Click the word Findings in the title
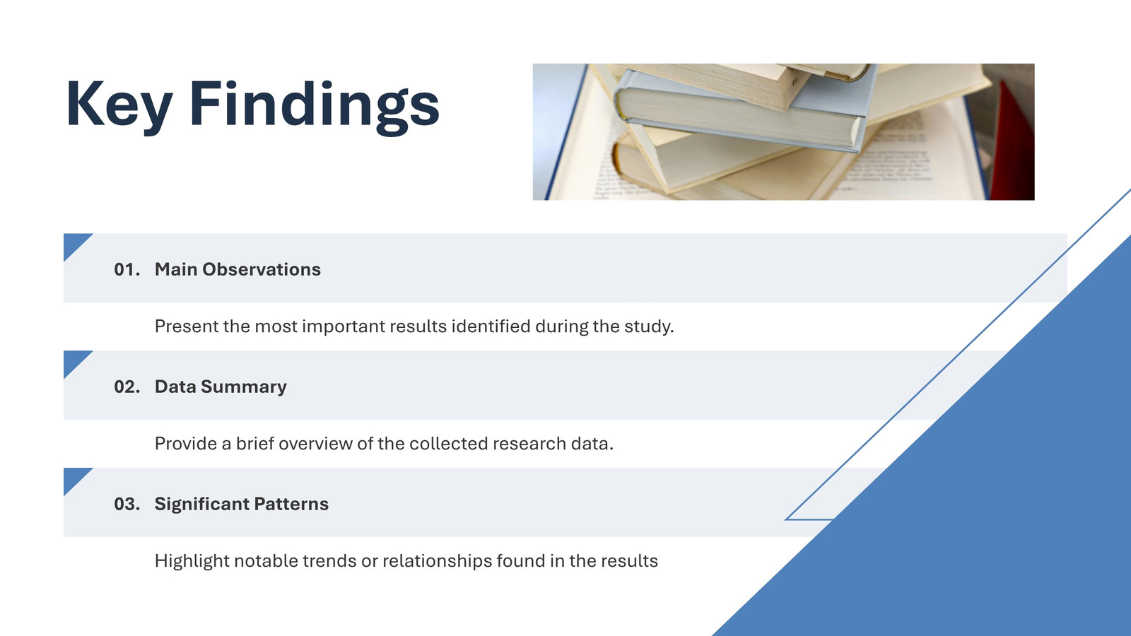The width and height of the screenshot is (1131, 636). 314,107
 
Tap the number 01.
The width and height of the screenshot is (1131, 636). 127,269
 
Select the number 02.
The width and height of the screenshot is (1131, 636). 127,387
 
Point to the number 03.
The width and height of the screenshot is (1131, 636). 127,504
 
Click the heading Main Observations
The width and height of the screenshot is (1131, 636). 238,269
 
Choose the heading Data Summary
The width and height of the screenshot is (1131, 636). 221,387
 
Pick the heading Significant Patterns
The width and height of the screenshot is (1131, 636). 241,505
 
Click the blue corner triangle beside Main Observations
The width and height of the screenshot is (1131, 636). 74,243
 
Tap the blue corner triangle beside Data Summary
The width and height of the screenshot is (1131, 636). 74,360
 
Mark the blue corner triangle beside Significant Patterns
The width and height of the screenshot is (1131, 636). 74,477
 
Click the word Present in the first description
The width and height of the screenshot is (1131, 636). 187,326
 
